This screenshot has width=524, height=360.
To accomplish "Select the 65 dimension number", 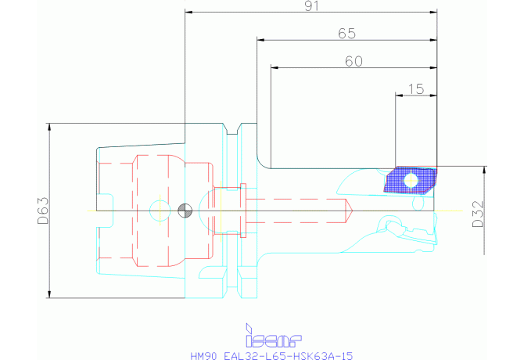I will tap(346, 34).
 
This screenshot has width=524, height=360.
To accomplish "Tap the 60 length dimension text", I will tap(354, 62).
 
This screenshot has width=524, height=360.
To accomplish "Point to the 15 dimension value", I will tap(416, 89).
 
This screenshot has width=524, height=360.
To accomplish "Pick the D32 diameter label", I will tap(478, 211).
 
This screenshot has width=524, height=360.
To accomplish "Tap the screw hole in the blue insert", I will tap(411, 180).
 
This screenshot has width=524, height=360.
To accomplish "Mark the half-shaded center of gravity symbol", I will tap(185, 210).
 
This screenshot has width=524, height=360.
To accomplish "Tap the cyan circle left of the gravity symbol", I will tap(159, 210).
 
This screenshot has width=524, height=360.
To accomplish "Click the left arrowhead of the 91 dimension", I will tap(188, 13).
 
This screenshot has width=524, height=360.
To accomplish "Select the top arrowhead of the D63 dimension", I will tap(49, 126).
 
